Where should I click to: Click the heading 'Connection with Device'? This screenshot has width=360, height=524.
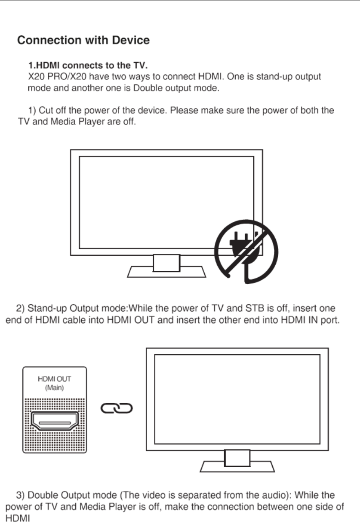coord(83,41)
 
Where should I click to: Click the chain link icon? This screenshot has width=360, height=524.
coord(117,407)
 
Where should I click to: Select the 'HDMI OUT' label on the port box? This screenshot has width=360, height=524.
coord(55,380)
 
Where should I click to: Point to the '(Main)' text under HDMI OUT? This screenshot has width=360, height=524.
coord(55,389)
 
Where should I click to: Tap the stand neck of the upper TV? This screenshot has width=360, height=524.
coord(166,263)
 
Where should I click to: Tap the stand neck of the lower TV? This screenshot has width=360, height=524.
coord(237,458)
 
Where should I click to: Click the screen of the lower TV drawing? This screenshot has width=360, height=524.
coord(237,398)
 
